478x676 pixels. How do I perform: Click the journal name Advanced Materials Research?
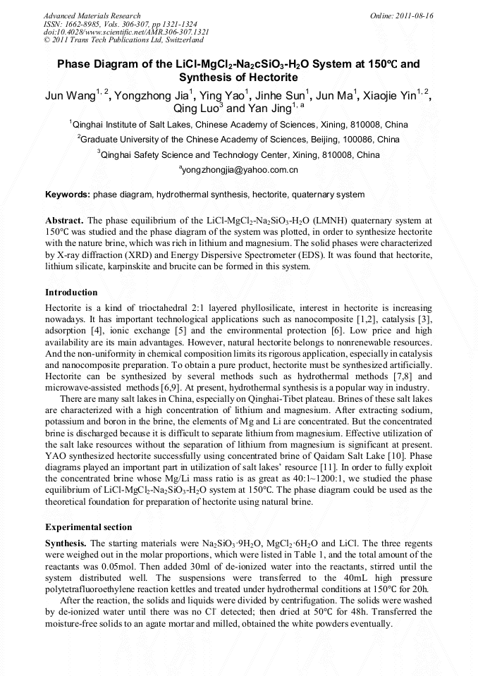pyautogui.click(x=92, y=16)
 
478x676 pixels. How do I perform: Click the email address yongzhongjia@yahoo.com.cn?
pyautogui.click(x=240, y=170)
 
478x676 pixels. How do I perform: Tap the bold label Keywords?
pyautogui.click(x=68, y=195)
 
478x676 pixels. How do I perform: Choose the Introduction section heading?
pyautogui.click(x=71, y=292)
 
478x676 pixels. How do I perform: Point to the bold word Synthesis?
pyautogui.click(x=66, y=543)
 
